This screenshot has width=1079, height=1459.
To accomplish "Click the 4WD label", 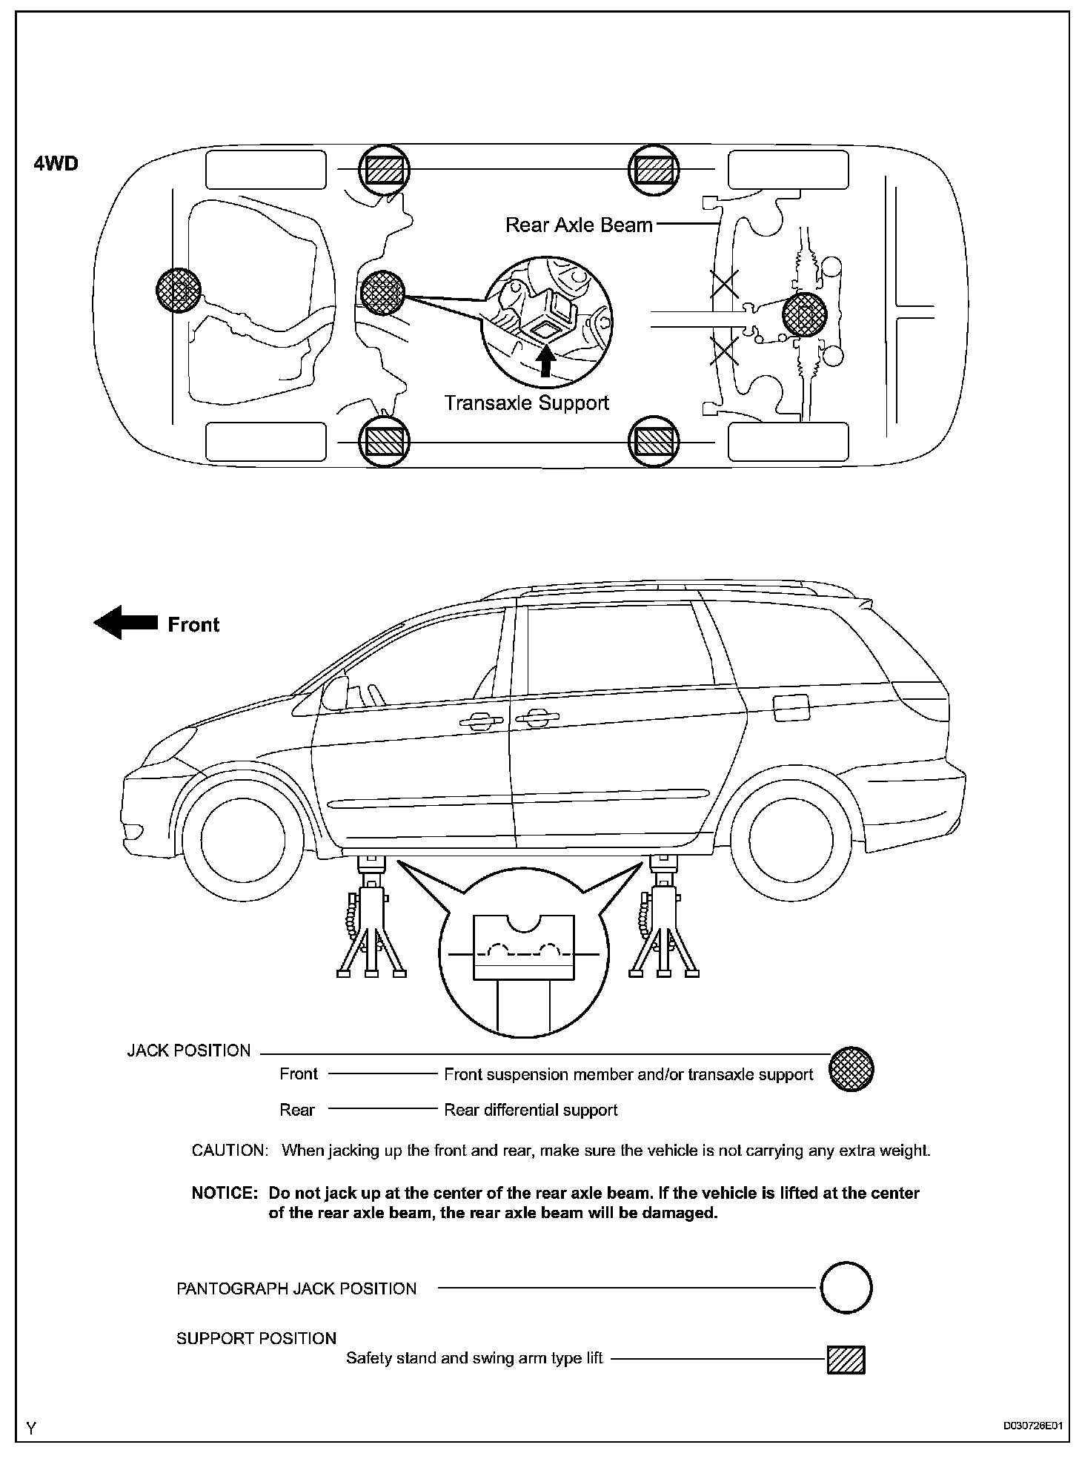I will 56,164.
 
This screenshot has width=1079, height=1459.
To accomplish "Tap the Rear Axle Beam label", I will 579,225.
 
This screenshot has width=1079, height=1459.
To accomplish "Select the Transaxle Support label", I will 526,403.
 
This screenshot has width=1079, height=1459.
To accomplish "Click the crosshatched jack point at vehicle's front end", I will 179,290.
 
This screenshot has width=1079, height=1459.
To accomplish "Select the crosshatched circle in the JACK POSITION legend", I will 851,1069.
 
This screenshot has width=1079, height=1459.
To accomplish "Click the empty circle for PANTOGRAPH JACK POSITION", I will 846,1288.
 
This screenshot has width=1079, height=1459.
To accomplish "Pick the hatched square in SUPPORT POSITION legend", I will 846,1360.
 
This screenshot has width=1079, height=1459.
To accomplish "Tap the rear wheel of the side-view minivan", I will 791,840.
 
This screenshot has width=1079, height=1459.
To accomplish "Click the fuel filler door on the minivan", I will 791,708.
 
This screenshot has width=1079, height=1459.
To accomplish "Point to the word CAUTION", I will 228,1151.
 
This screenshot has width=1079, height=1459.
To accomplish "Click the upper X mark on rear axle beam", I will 725,285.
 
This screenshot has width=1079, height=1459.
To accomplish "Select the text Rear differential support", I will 531,1110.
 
